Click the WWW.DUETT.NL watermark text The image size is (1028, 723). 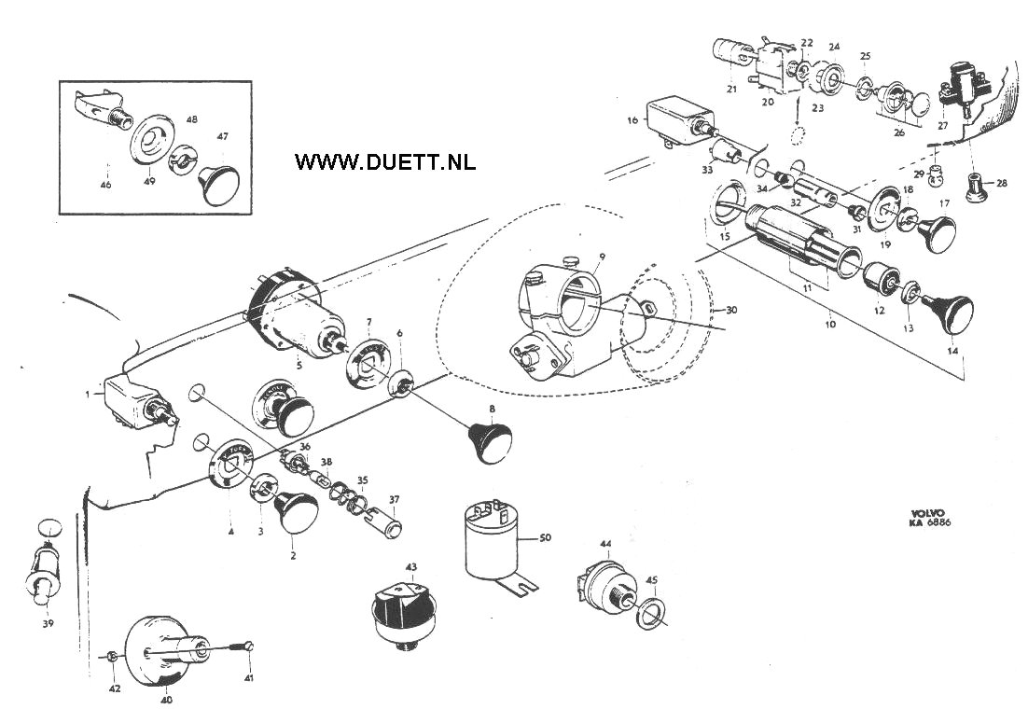(384, 161)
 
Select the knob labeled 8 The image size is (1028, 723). (490, 442)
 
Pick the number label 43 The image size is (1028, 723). (411, 566)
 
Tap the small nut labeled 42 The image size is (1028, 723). (111, 658)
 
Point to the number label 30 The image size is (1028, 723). (731, 310)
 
